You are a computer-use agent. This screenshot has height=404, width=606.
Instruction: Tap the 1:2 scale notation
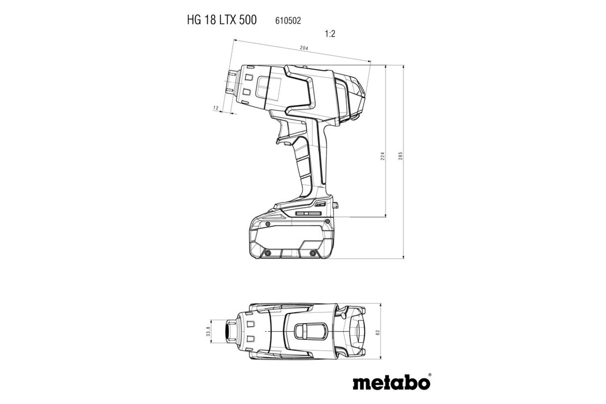(330, 34)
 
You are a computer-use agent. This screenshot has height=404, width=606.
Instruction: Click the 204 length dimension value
(304, 49)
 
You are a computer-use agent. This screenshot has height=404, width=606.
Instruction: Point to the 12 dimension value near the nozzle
(215, 108)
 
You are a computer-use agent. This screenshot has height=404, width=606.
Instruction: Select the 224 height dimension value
(382, 156)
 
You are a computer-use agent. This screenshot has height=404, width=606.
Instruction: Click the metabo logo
(391, 382)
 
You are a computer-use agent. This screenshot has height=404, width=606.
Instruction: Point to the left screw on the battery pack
(267, 252)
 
